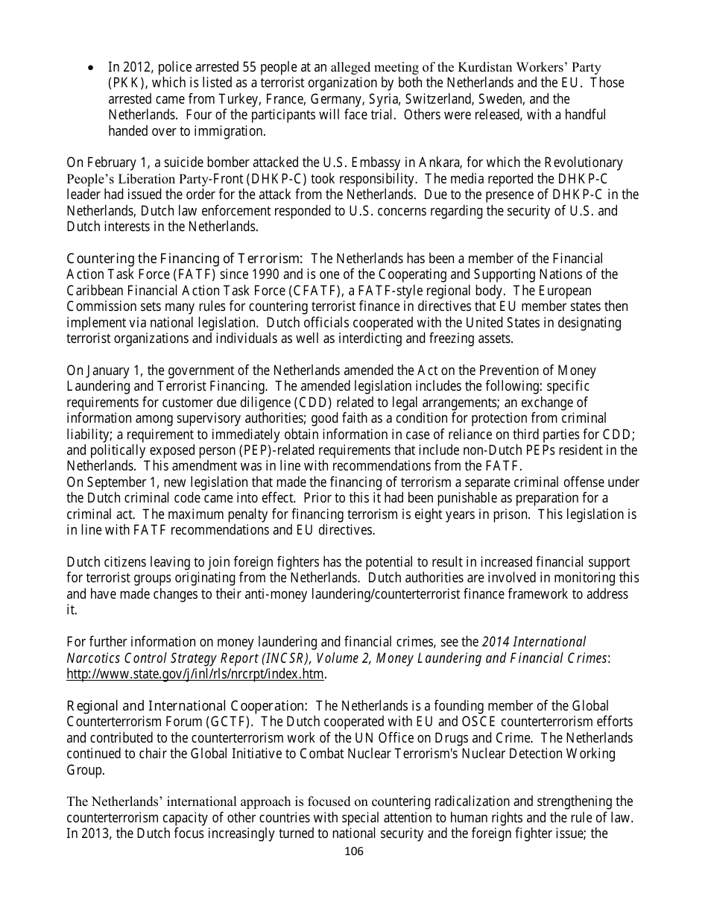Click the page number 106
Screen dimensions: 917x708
(354, 851)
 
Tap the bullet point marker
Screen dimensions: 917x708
(91, 68)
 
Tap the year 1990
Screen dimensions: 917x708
(256, 275)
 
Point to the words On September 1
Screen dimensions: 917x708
(110, 482)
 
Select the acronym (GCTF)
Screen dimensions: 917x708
(233, 722)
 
